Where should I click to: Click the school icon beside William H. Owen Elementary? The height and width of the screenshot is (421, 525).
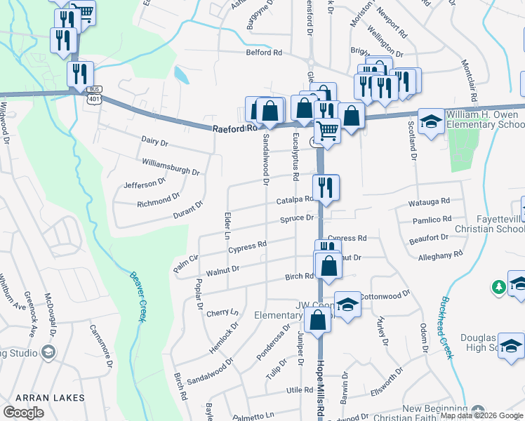pyautogui.click(x=430, y=121)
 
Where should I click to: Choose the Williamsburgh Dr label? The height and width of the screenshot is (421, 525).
pyautogui.click(x=171, y=166)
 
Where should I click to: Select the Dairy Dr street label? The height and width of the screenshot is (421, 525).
pyautogui.click(x=155, y=143)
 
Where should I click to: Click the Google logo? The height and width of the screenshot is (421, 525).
pyautogui.click(x=23, y=413)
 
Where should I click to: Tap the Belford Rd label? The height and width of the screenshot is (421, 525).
pyautogui.click(x=263, y=53)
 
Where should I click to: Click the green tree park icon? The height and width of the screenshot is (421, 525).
pyautogui.click(x=498, y=287)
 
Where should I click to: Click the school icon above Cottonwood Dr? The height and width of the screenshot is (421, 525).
pyautogui.click(x=347, y=304)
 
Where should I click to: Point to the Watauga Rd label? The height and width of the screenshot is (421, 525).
pyautogui.click(x=430, y=202)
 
